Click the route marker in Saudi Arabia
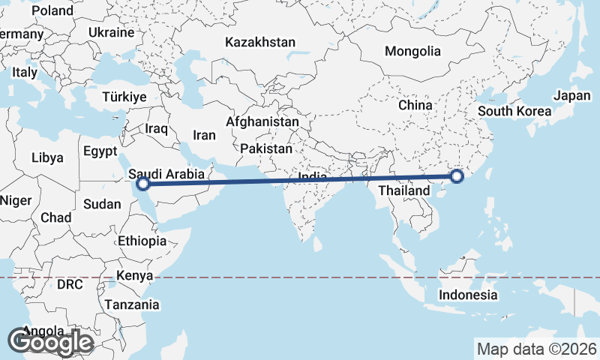[143, 183]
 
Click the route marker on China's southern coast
[457, 177]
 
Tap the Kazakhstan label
[260, 43]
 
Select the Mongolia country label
[412, 52]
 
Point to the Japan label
[572, 96]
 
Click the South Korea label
[514, 111]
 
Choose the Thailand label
[406, 190]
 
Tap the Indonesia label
[469, 295]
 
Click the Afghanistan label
[262, 121]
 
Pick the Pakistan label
[267, 148]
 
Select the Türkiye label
[124, 97]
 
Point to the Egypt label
[100, 151]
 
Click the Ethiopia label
[142, 241]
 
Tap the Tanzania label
[132, 304]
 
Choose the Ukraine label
[110, 33]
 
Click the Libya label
[47, 158]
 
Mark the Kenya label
[135, 275]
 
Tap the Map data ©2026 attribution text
[537, 349]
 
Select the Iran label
[204, 135]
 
